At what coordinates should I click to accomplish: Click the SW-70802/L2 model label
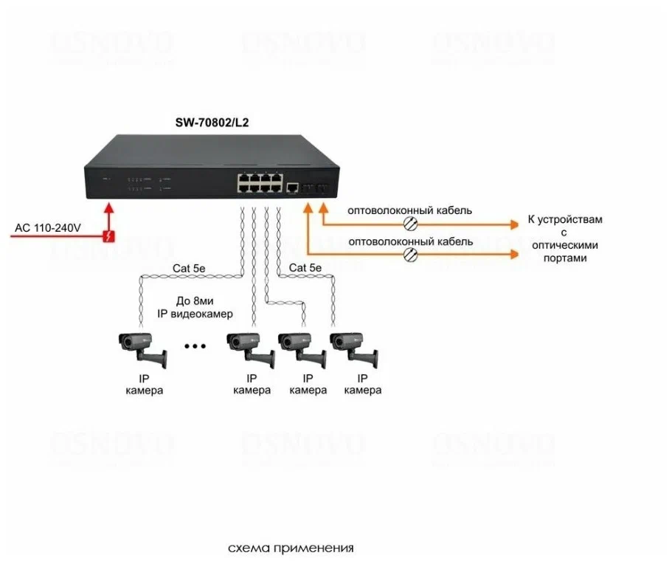212,123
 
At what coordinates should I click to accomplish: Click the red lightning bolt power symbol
109,236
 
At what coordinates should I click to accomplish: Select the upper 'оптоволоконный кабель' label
410,210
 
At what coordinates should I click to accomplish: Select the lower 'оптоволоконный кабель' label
410,242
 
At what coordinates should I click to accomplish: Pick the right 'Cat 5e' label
305,269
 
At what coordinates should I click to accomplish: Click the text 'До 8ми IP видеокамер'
195,308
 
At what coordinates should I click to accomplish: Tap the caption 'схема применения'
291,548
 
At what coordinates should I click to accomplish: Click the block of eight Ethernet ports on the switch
260,182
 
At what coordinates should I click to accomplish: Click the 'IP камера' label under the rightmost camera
362,385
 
